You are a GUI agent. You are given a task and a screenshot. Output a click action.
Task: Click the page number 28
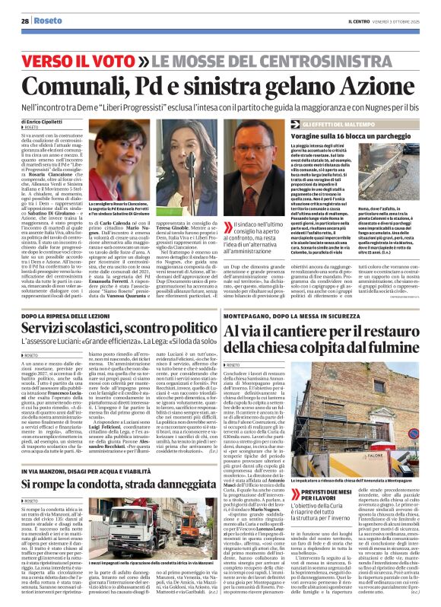pos(26,21)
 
